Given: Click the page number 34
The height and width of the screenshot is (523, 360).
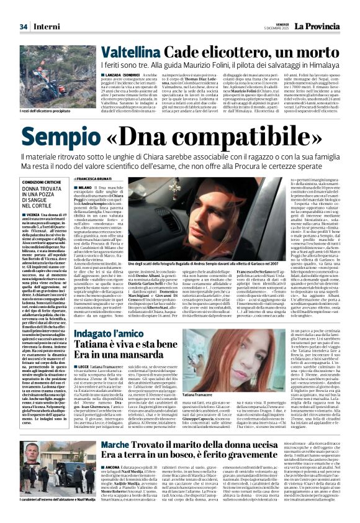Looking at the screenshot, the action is tap(24, 27).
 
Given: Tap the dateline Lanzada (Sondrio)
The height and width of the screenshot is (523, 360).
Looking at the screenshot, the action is tap(122, 75).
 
